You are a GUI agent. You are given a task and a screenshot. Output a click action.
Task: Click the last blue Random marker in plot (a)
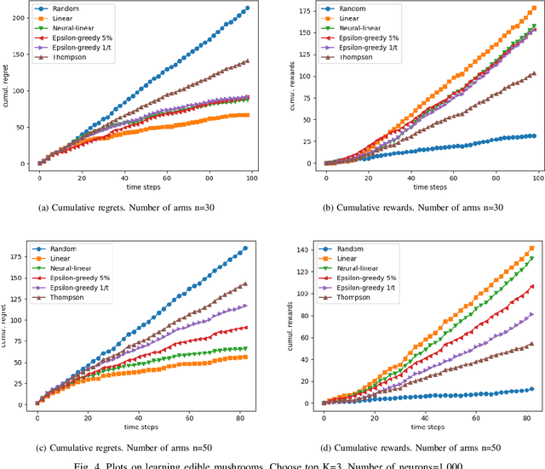click(x=247, y=9)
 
